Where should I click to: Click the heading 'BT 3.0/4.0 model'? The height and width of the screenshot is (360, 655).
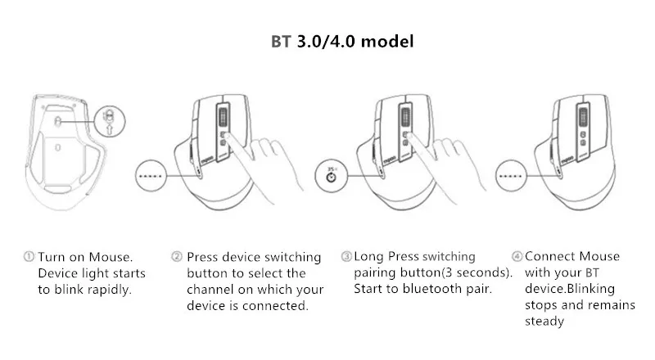tap(342, 42)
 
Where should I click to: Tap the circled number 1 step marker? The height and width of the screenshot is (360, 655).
tap(29, 256)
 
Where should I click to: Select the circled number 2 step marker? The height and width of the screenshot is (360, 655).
tap(177, 256)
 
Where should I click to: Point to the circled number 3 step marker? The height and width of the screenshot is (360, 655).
tap(346, 256)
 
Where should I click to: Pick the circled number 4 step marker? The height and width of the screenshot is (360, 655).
tap(517, 256)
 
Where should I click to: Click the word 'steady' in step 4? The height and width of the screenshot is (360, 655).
tap(544, 322)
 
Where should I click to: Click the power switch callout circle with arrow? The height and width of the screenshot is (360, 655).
tap(110, 121)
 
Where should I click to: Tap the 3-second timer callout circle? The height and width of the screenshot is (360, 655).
tap(332, 175)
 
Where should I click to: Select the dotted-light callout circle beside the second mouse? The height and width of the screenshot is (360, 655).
tap(151, 175)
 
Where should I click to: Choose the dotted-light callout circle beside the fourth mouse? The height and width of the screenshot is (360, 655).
tap(511, 175)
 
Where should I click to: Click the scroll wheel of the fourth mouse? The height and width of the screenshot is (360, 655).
tap(583, 116)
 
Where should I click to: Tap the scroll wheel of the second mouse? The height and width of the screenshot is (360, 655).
tap(223, 116)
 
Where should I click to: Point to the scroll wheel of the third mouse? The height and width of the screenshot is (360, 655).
tap(404, 116)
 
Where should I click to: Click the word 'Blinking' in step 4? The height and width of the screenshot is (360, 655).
tap(589, 289)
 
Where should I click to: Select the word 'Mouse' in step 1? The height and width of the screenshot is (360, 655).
tap(111, 257)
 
